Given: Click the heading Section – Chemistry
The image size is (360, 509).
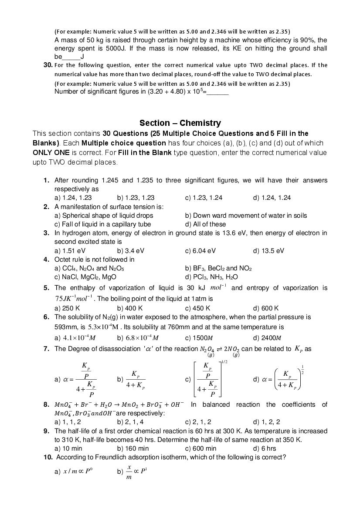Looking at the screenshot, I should pyautogui.click(x=180, y=123).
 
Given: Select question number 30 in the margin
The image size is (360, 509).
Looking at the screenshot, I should pyautogui.click(x=48, y=65).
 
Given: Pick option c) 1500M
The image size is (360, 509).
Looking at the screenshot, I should pyautogui.click(x=199, y=337).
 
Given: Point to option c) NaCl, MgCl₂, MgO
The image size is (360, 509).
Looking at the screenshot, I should pyautogui.click(x=85, y=277).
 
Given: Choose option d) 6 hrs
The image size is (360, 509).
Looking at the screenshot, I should pyautogui.click(x=265, y=448).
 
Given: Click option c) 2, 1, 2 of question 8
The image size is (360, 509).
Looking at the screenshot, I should pyautogui.click(x=198, y=421).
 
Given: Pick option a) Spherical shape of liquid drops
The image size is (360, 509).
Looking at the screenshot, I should pyautogui.click(x=104, y=216).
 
